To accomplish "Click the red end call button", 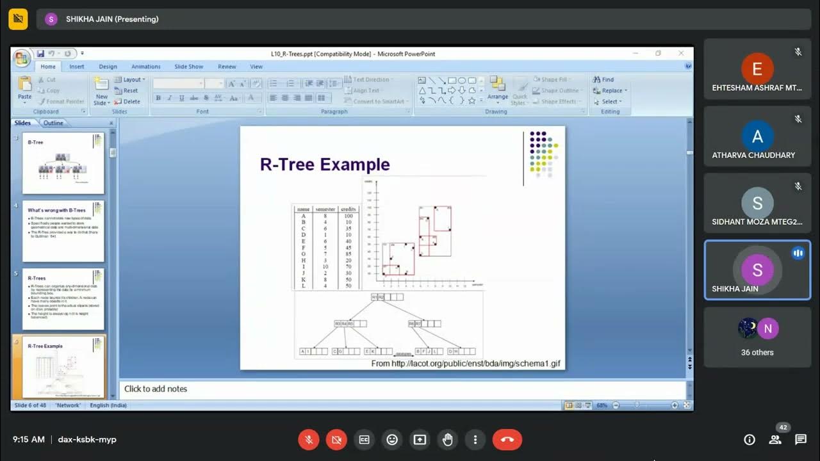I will point(507,440).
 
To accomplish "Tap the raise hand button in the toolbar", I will point(447,440).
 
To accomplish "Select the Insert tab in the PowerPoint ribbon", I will point(77,67).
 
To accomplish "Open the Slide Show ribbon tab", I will point(188,67).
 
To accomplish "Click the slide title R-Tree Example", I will point(325,165).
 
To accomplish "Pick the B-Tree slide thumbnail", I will point(63,163).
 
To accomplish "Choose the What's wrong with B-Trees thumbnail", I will point(63,231).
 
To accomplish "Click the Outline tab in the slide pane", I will point(53,123).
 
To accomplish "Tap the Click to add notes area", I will point(156,389).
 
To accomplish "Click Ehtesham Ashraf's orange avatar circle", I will point(757,69).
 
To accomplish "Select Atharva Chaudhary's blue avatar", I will point(757,136).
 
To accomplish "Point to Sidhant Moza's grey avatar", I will point(757,204).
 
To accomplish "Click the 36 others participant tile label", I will point(757,352).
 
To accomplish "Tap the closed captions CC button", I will point(364,440).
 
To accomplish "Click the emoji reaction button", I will point(392,440).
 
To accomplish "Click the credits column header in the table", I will point(348,209).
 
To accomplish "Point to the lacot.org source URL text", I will point(466,364).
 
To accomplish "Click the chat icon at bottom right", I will point(800,439).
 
